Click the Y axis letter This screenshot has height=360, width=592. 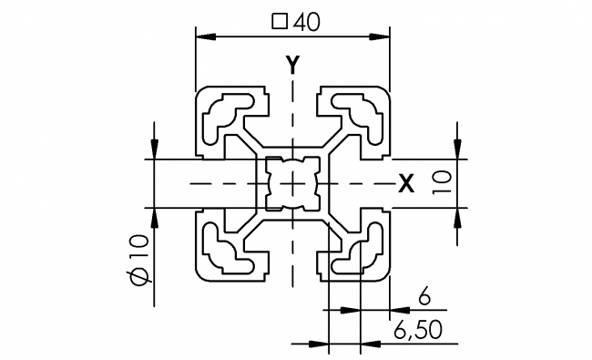click(x=292, y=64)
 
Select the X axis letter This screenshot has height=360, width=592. click(x=406, y=184)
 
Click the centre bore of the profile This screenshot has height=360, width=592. click(x=293, y=183)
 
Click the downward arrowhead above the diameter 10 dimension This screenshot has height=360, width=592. click(x=156, y=151)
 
